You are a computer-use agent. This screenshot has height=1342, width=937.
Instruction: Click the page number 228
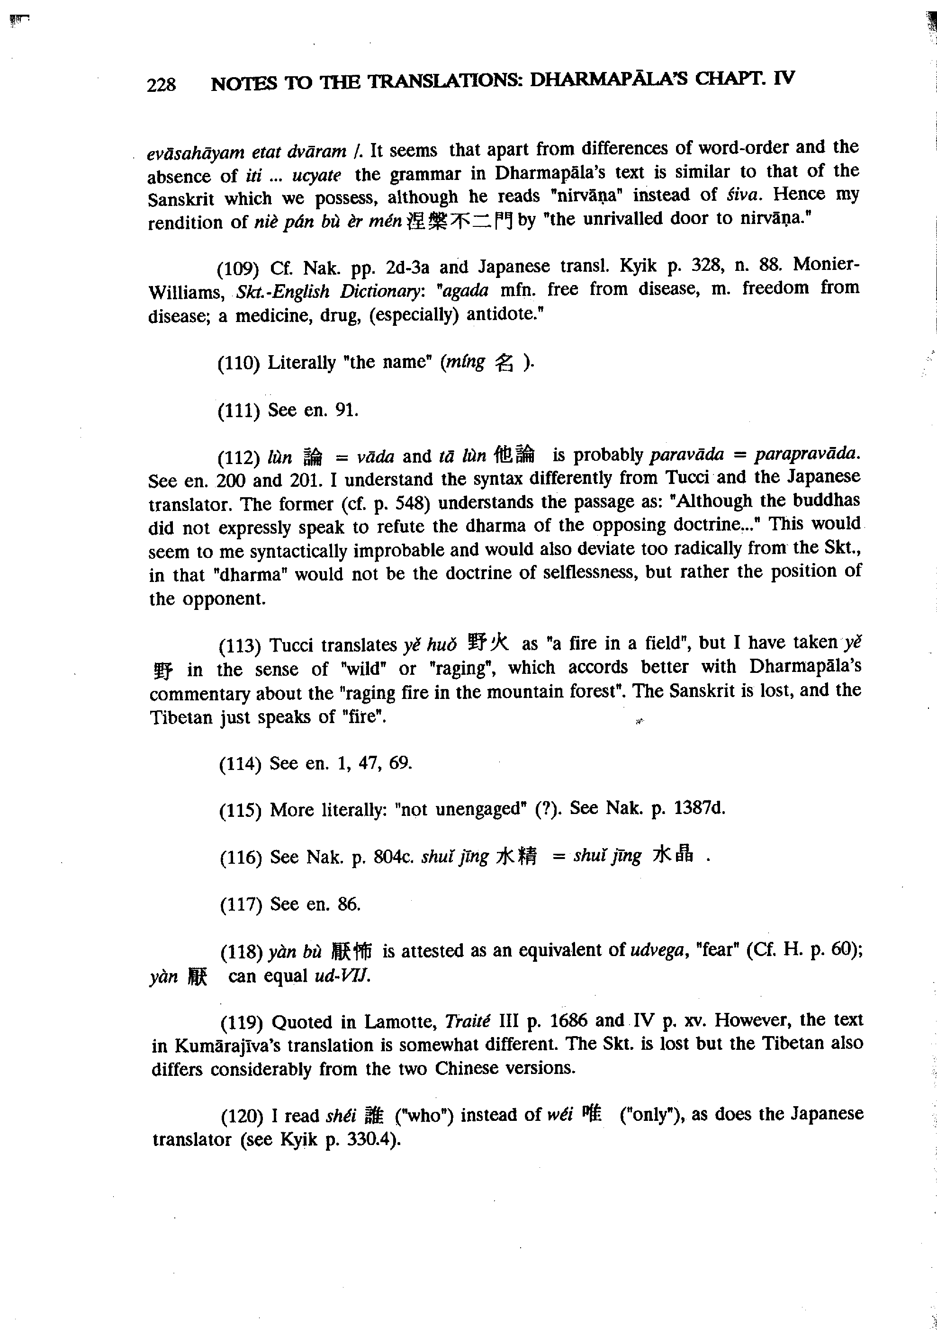(162, 85)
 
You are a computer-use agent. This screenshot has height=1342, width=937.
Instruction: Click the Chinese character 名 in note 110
(504, 363)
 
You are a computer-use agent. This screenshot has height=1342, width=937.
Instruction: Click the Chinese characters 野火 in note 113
(489, 644)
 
